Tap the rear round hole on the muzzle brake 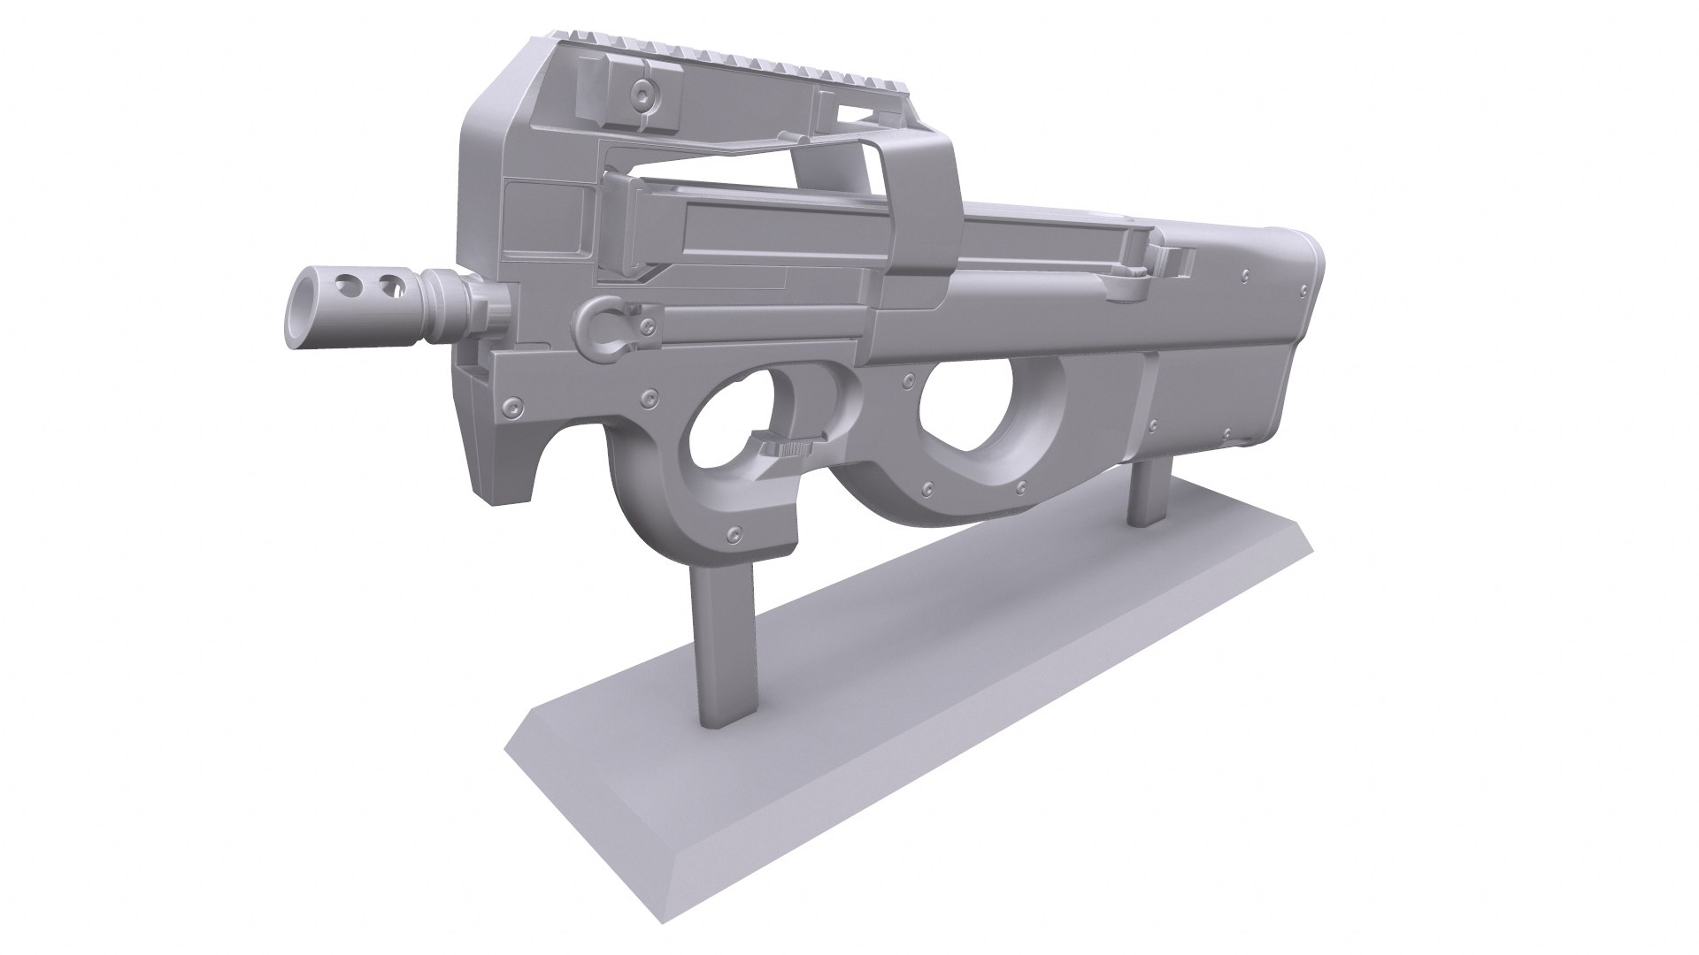[x=387, y=286]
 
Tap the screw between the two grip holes [x=907, y=380]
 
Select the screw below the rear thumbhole [x=926, y=488]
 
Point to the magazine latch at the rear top [x=1172, y=261]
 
